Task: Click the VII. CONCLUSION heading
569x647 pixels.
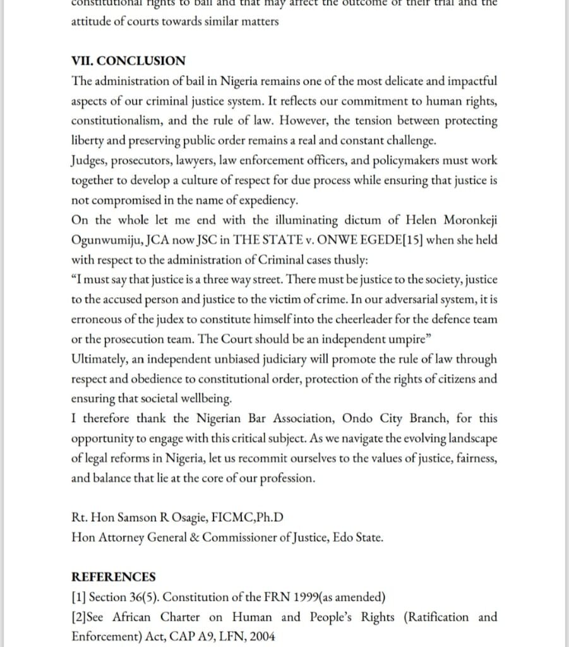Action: coord(128,61)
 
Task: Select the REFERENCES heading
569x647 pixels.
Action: coord(113,577)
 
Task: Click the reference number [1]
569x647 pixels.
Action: coord(79,597)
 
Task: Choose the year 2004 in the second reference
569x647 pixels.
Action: coord(261,636)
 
